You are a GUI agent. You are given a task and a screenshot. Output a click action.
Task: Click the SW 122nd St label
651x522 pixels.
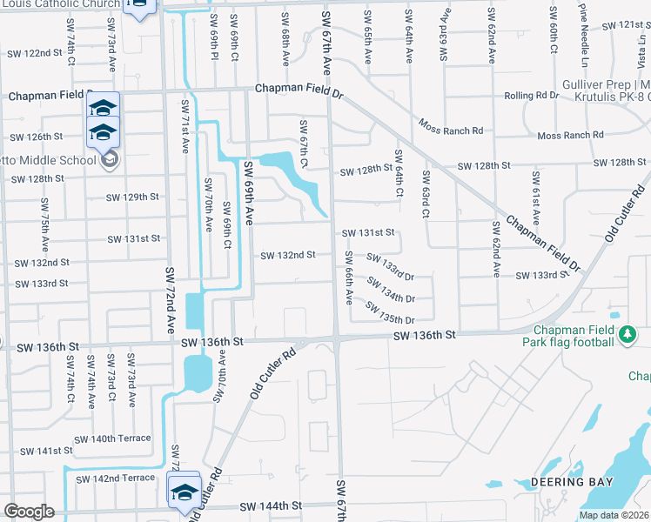coord(36,53)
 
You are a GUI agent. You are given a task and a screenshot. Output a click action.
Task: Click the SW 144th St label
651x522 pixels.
coord(271,505)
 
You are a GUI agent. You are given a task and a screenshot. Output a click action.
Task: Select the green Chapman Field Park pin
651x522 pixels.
coord(626,333)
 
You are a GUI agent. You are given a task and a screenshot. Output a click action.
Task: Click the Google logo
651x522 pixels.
coord(29,512)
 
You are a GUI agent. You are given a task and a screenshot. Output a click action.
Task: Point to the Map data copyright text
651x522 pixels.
coord(614,515)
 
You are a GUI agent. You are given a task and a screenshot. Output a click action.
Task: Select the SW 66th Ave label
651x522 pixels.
coord(348,277)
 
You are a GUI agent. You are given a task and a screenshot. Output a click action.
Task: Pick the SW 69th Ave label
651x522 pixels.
coord(249,194)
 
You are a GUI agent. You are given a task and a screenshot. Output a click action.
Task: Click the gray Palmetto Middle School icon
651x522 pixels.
coord(111,159)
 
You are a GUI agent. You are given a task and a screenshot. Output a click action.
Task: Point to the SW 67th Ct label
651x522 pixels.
coord(304,144)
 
